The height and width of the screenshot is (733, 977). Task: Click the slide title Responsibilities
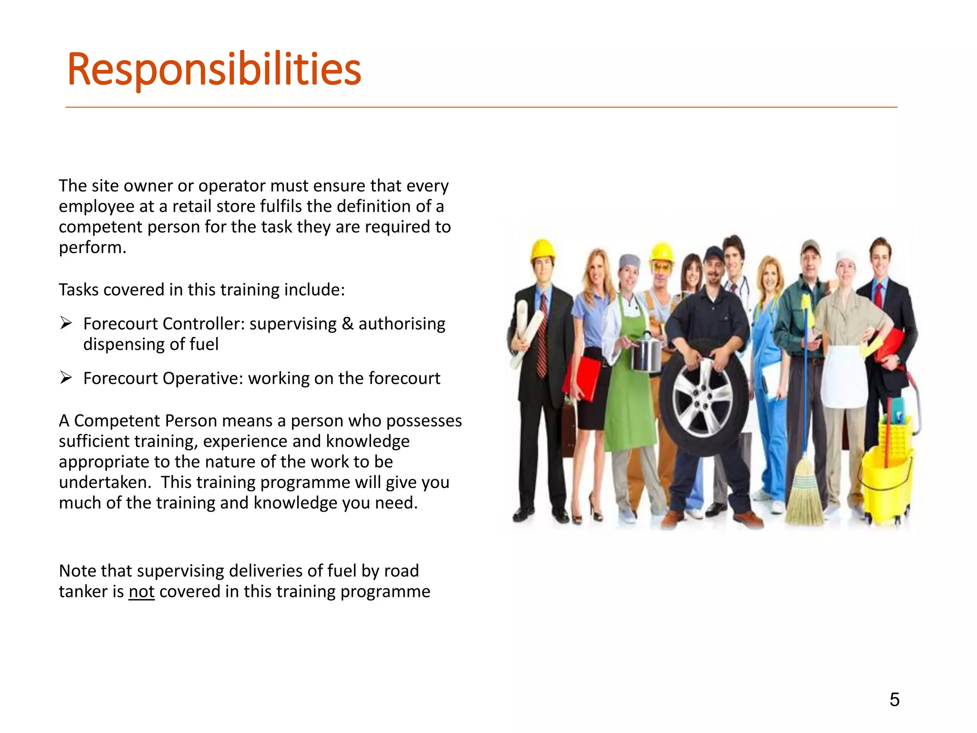214,70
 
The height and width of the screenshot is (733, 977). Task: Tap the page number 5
894,700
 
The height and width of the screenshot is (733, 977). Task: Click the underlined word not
141,592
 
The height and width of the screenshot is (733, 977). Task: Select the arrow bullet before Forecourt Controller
66,324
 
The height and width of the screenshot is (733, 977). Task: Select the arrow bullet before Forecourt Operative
66,378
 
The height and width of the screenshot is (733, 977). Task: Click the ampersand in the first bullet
348,324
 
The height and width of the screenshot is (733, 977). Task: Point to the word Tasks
78,290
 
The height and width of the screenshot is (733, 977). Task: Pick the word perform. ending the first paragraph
92,248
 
